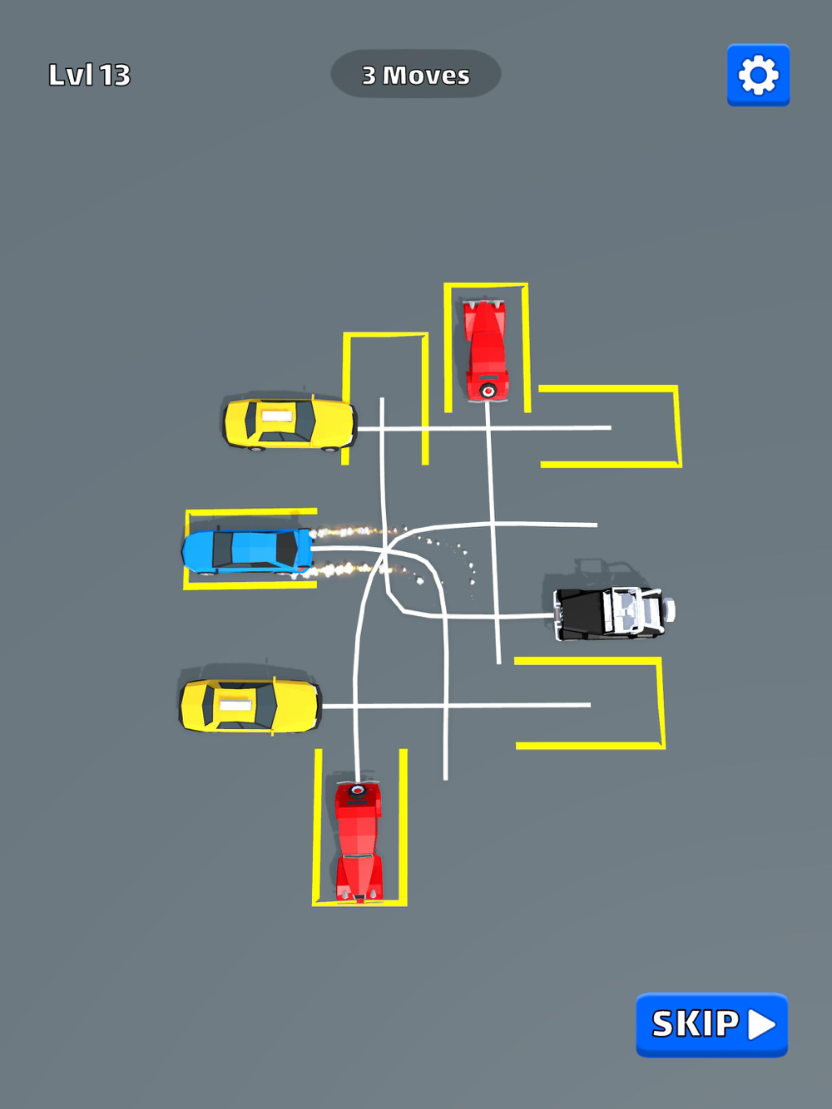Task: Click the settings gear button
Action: (x=758, y=76)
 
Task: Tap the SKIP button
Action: (x=711, y=1024)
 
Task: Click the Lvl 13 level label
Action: (x=90, y=76)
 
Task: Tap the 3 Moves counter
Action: (x=415, y=74)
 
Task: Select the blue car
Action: (x=247, y=551)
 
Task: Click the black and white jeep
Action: (x=614, y=613)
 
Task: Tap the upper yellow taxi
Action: (x=290, y=423)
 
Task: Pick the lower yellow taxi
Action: (x=250, y=706)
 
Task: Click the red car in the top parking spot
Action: (x=486, y=351)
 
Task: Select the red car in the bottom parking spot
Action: (x=359, y=842)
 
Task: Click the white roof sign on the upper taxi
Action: (x=276, y=416)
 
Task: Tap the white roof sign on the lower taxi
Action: (x=235, y=705)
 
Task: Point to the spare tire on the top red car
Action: (x=488, y=391)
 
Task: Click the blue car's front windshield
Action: (x=286, y=550)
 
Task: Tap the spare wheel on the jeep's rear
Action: (x=669, y=610)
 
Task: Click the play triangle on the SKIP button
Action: (x=761, y=1025)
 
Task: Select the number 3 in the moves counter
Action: (x=369, y=76)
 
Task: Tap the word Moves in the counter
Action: (x=426, y=76)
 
